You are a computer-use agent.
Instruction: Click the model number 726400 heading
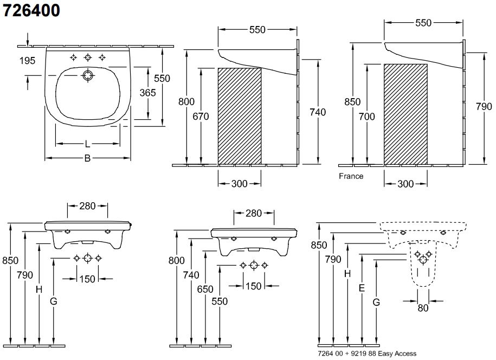coord(32,11)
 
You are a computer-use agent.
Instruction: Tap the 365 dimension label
coord(147,92)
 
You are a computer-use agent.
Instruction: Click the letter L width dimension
coord(88,144)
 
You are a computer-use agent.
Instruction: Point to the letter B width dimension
coord(87,158)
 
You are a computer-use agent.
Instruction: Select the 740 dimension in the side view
coord(318,112)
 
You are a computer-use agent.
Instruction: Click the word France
coord(351,176)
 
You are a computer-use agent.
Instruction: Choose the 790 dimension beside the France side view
coord(484,107)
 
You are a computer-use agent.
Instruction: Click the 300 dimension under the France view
coord(405,184)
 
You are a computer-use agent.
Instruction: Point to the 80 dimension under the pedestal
coord(423,308)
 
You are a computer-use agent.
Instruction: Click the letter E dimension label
coord(361,290)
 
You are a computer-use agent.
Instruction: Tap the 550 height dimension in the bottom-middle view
coord(220,301)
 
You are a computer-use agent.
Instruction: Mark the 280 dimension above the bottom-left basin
coord(87,205)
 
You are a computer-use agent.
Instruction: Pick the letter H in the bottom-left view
coord(39,290)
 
